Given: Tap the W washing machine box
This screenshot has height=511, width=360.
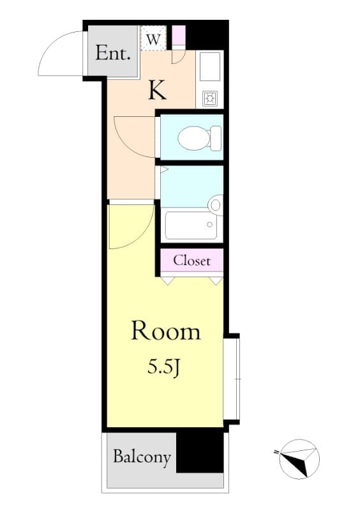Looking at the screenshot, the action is click(x=153, y=38).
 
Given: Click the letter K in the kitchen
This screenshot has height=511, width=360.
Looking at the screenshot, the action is click(x=158, y=90).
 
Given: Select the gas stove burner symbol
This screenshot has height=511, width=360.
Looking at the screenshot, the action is click(x=209, y=98).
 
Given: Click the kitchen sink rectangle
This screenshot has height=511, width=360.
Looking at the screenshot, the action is click(x=210, y=66).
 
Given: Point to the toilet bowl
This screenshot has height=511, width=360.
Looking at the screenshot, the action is click(x=193, y=138).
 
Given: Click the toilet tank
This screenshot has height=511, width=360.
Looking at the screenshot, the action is click(x=216, y=138).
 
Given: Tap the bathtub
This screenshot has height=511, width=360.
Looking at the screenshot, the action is click(x=191, y=225).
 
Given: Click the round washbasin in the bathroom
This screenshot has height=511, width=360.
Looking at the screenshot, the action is click(x=216, y=205).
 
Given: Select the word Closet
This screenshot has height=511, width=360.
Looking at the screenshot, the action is click(x=192, y=261).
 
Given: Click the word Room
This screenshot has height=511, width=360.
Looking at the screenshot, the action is click(x=165, y=331).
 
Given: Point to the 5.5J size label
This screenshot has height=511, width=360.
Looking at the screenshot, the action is click(x=164, y=368).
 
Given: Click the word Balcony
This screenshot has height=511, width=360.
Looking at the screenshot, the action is click(x=142, y=457).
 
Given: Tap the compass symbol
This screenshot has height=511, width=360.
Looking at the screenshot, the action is click(x=299, y=459).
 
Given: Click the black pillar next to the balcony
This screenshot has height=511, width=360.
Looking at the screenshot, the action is click(x=200, y=452).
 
